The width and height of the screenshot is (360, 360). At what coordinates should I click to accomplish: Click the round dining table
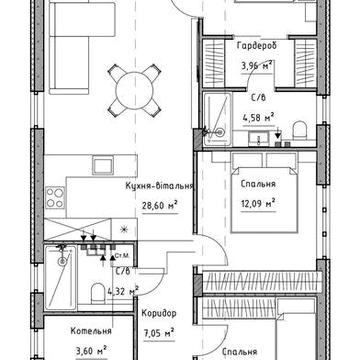[x=134, y=90]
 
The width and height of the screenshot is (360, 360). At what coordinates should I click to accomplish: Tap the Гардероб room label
[x=257, y=46]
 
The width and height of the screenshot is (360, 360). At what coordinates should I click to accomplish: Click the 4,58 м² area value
[x=258, y=117]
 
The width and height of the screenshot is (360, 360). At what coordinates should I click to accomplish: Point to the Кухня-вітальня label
[x=159, y=186]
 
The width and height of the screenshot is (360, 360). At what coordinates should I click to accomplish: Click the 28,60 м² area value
[x=160, y=206]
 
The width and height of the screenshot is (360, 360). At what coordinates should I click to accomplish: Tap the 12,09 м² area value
[x=258, y=203]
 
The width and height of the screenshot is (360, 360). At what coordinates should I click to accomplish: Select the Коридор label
[x=159, y=314]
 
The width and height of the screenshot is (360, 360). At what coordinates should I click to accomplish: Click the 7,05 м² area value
[x=159, y=333]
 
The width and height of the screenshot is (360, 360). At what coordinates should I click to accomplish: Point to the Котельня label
[x=91, y=331]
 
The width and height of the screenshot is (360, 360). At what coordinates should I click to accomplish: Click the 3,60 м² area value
[x=91, y=351]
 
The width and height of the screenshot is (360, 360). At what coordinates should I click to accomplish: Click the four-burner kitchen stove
[x=55, y=198]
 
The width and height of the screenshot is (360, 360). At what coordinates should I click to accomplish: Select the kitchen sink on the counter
[x=102, y=165]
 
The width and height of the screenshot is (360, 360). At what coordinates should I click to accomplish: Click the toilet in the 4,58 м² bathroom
[x=300, y=130]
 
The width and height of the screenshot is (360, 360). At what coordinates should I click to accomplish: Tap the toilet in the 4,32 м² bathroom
[x=98, y=292]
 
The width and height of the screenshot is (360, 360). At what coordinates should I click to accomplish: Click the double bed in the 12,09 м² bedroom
[x=264, y=199]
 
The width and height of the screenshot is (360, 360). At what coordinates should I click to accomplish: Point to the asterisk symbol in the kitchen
[x=124, y=229]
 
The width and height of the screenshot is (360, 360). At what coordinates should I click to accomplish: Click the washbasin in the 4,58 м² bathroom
[x=258, y=139]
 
